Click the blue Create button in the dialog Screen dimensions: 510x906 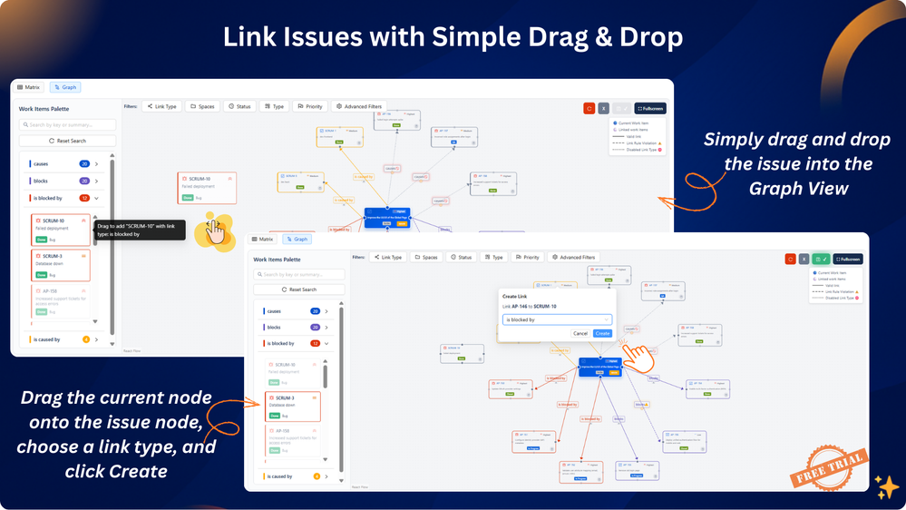602,333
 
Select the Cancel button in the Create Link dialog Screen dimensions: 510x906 580,333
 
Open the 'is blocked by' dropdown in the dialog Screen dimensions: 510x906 557,319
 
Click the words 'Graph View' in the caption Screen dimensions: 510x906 795,188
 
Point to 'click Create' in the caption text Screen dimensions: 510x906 116,471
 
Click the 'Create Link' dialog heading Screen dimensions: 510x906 515,296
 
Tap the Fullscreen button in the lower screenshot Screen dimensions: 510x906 848,259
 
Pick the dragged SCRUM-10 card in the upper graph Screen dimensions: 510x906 207,188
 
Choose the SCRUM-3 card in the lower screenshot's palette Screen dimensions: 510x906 292,406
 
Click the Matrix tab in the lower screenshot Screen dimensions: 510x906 263,240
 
